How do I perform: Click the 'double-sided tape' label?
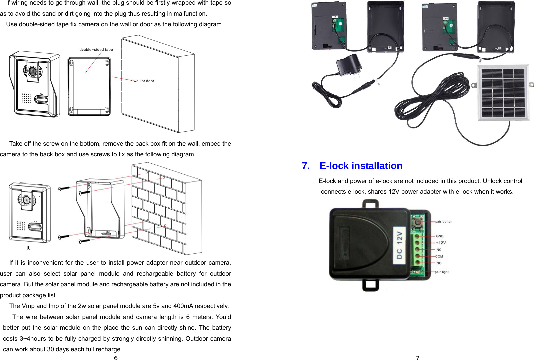pos(96,50)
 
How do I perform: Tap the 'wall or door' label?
pos(144,81)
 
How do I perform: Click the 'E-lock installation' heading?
pos(361,166)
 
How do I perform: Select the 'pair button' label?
pos(444,222)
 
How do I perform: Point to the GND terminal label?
pos(440,236)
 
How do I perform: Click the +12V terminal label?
pos(441,243)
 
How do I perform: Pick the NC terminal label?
pos(439,250)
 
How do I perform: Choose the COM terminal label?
pos(439,257)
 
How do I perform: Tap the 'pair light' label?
pos(442,272)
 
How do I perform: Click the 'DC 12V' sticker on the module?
pos(399,246)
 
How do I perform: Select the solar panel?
pos(503,93)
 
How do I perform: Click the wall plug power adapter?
pos(349,66)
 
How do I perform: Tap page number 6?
pos(116,358)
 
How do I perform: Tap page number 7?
pos(417,358)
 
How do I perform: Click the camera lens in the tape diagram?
pos(32,71)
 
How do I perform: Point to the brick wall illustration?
pos(167,208)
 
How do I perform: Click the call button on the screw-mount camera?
pos(35,227)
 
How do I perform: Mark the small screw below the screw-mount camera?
pos(28,248)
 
